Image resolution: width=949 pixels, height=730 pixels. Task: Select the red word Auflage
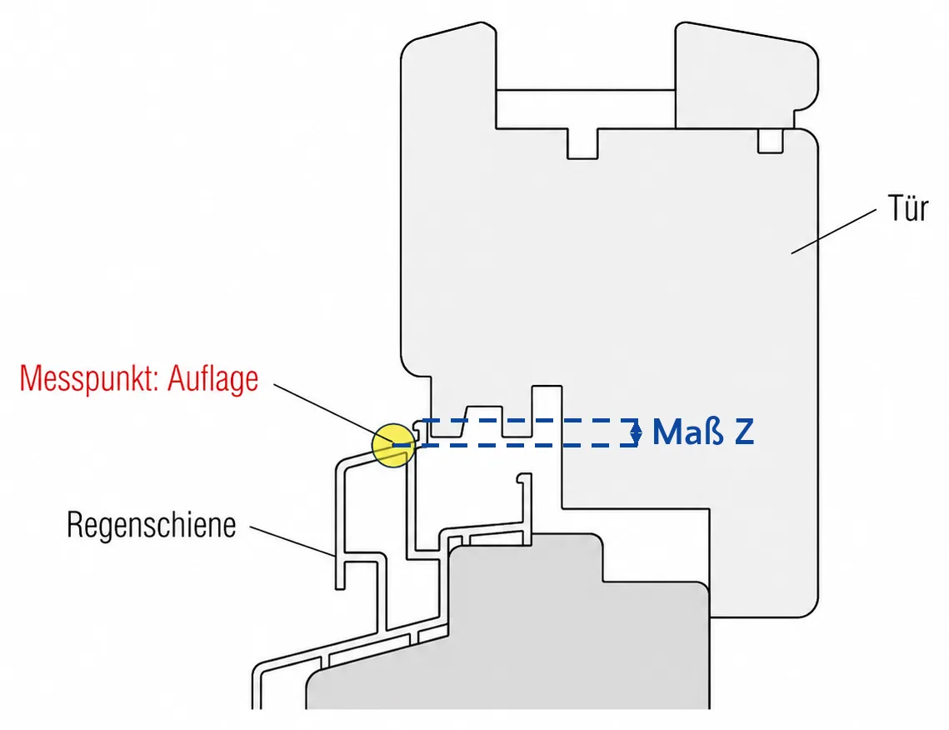(x=212, y=379)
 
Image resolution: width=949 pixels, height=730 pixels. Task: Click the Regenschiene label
(x=152, y=525)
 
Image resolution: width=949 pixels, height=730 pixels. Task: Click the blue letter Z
(x=744, y=432)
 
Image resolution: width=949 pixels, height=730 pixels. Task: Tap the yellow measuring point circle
(x=393, y=446)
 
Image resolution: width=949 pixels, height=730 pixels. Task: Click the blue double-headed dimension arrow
(x=636, y=432)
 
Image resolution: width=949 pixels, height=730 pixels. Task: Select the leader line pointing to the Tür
(x=833, y=231)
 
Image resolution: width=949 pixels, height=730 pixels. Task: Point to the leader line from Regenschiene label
(x=292, y=541)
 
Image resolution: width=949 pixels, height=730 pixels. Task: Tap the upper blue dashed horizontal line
(x=529, y=419)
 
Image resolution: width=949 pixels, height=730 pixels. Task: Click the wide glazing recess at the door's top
(x=585, y=109)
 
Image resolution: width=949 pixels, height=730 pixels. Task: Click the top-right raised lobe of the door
(x=747, y=76)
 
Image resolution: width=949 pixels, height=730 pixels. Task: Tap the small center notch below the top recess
(x=582, y=143)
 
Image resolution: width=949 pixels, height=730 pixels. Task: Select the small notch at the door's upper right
(x=771, y=141)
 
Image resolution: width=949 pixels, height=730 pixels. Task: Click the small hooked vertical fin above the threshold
(x=526, y=508)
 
